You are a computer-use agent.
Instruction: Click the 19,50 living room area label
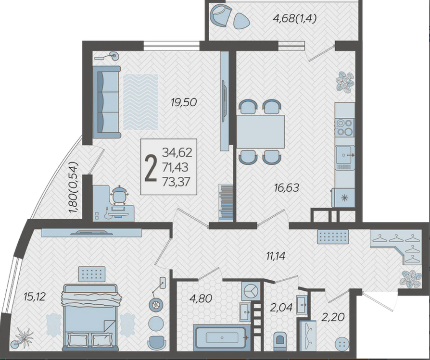[x=184, y=103]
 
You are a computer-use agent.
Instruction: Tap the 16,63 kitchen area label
[x=287, y=188]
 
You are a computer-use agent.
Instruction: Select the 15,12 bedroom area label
[x=34, y=296]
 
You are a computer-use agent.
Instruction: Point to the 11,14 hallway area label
[x=276, y=256]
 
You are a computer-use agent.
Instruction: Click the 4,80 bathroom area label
[x=201, y=298]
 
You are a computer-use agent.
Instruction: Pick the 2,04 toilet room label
[x=281, y=308]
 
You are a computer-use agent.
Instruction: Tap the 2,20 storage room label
[x=333, y=317]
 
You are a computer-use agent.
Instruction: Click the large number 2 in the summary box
[x=151, y=167]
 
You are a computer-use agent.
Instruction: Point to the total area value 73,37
[x=177, y=181]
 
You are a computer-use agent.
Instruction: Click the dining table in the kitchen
[x=261, y=132]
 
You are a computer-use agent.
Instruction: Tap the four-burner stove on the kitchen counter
[x=345, y=127]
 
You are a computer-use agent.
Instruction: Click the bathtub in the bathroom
[x=222, y=337]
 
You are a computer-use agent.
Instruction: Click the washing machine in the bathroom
[x=250, y=291]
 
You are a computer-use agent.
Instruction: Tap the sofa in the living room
[x=107, y=102]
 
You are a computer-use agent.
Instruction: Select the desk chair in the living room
[x=118, y=195]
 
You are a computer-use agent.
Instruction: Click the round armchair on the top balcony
[x=222, y=15]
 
